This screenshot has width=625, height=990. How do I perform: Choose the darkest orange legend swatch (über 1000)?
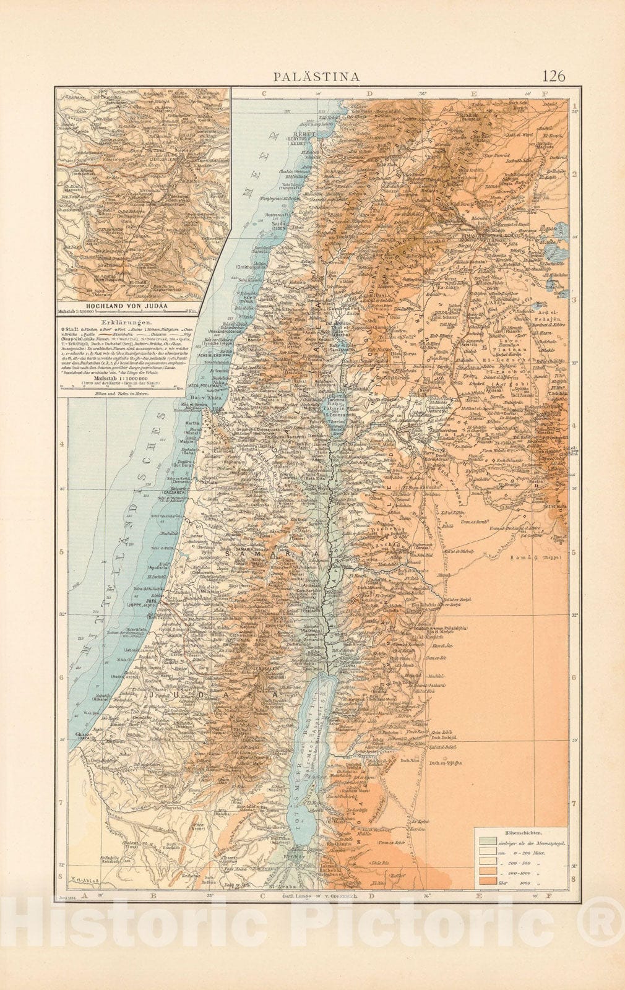click(486, 879)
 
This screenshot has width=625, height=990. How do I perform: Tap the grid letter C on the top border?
click(263, 93)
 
